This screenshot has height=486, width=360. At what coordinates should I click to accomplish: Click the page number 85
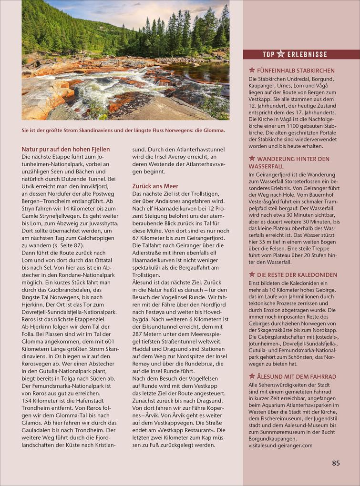tap(336, 463)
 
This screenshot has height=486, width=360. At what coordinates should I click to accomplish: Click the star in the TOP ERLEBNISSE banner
tap(281, 54)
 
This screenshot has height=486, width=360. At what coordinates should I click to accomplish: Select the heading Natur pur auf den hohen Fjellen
tap(65, 149)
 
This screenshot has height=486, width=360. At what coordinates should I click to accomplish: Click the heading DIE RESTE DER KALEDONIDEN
tap(297, 275)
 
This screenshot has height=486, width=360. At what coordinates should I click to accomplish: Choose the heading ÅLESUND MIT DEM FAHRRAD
tap(296, 376)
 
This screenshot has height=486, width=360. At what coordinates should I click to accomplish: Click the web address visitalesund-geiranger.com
tap(280, 445)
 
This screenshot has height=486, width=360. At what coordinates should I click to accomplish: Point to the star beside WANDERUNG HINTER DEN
tap(252, 159)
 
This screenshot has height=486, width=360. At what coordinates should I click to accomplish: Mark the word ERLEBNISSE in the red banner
tap(307, 54)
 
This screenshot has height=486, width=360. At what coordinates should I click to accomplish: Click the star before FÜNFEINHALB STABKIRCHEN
tap(252, 71)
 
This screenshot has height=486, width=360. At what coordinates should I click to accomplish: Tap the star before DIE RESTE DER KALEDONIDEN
tap(252, 275)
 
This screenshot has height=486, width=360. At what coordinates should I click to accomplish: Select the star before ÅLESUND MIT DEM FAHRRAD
tap(252, 376)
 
